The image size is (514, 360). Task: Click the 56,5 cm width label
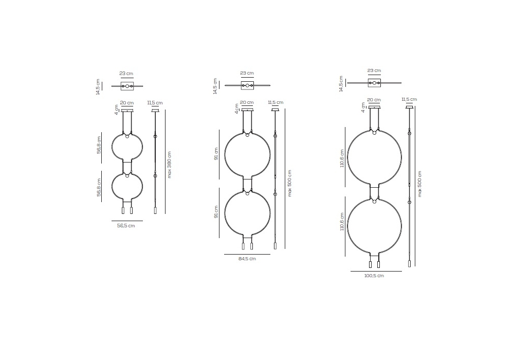coord(126,226)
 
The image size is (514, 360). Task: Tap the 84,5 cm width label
coord(247,259)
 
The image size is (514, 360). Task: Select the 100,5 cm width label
coord(374,276)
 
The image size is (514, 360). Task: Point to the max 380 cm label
coord(169,165)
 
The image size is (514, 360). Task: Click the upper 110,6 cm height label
coord(342,158)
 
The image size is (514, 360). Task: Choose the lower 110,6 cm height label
coord(342,222)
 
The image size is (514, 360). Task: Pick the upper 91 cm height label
coord(216,154)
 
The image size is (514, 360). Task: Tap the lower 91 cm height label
coord(216,212)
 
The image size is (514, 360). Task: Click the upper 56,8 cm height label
coord(99,145)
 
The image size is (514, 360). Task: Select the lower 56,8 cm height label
coord(99,188)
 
